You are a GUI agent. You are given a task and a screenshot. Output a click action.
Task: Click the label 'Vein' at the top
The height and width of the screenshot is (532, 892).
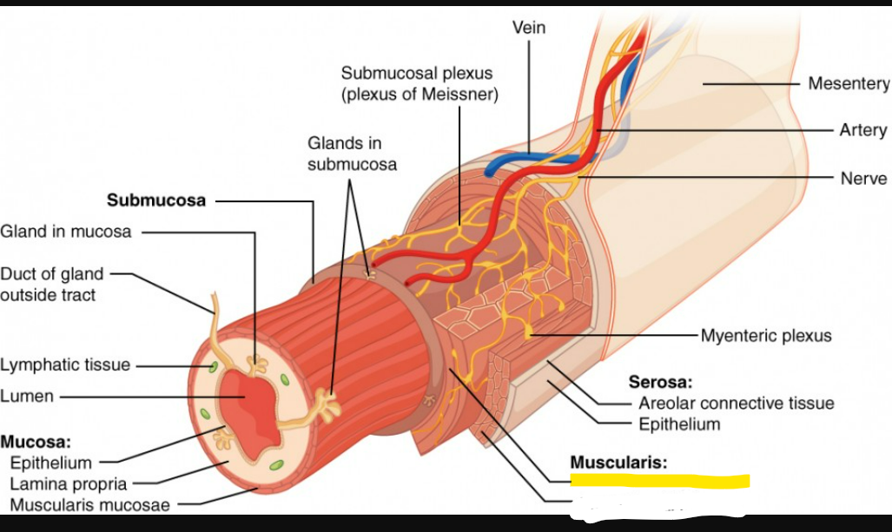pos(529,28)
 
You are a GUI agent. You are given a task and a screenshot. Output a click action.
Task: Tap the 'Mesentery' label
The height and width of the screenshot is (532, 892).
pos(848,83)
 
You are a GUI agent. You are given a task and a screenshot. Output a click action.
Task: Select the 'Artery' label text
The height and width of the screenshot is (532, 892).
pos(862,130)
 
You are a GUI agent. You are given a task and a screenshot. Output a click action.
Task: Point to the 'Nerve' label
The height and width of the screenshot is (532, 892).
pos(863,178)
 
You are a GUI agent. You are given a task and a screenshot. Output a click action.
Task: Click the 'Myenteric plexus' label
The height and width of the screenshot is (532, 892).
pos(766,335)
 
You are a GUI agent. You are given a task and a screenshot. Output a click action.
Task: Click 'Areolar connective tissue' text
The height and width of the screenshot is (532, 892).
pos(736,403)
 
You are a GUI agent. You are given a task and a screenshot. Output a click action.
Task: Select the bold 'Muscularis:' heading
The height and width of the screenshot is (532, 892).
pos(618,462)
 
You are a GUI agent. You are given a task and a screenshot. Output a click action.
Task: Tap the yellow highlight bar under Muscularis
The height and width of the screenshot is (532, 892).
pos(659,481)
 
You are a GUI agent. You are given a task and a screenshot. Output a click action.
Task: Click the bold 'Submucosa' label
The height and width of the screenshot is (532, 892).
pos(156,200)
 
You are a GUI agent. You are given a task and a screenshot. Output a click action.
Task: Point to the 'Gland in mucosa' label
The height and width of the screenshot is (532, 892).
pos(66,232)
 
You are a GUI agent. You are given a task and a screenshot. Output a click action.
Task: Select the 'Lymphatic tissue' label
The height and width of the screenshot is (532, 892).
pos(65,365)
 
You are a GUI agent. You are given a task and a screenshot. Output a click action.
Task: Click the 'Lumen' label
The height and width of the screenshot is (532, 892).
pos(27,396)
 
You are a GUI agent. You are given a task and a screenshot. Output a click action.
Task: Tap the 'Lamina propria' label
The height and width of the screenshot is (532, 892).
pos(69,483)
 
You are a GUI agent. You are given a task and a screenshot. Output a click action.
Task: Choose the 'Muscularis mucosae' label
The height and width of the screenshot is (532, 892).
pos(90,504)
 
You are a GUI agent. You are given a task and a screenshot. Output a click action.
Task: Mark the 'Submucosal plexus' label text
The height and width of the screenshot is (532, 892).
pos(417,73)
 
